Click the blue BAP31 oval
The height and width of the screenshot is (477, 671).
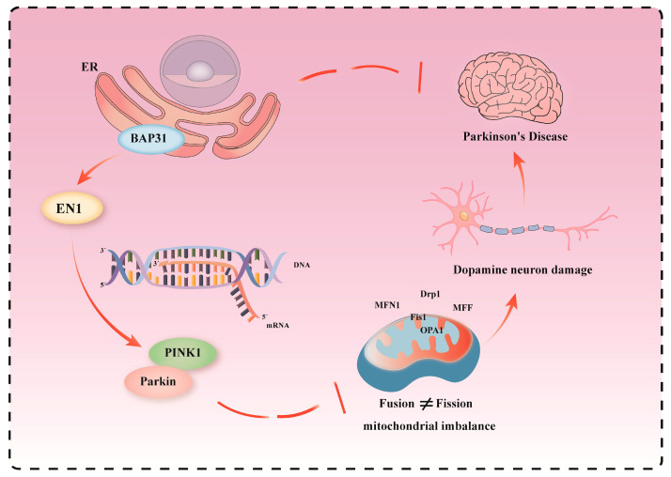click(x=148, y=139)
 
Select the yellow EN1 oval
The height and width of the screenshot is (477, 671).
click(x=71, y=208)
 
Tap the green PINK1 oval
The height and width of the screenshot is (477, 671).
click(x=182, y=353)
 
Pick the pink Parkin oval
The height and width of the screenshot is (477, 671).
click(x=158, y=381)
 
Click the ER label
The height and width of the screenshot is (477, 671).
click(x=90, y=67)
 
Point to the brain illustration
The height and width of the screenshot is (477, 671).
click(x=510, y=88)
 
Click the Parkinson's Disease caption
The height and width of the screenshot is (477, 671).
click(x=515, y=137)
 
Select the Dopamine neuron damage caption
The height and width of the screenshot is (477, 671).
click(x=523, y=270)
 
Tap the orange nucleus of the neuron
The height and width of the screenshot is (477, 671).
click(x=464, y=216)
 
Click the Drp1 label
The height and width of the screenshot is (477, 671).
click(x=430, y=294)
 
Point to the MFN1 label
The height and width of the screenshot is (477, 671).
click(x=387, y=305)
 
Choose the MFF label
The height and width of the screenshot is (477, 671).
click(x=462, y=308)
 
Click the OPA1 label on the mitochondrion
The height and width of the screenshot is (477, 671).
click(x=431, y=331)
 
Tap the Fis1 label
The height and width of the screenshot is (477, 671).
click(x=418, y=317)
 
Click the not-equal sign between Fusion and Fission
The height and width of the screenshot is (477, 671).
click(x=427, y=404)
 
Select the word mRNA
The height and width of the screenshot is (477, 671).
click(x=278, y=325)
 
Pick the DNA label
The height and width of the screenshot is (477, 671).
click(x=302, y=265)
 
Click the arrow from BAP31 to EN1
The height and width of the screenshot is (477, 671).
click(x=98, y=169)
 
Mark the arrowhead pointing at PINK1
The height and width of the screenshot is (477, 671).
click(x=134, y=341)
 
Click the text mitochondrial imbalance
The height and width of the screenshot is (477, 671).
click(x=429, y=426)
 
